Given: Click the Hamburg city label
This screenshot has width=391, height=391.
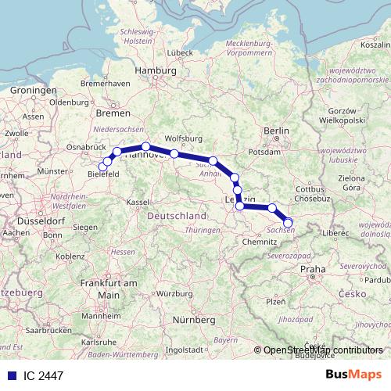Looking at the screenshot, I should (x=154, y=70).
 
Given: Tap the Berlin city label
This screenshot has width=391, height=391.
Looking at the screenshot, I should (x=277, y=131).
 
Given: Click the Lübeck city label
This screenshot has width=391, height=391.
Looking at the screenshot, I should (x=179, y=52).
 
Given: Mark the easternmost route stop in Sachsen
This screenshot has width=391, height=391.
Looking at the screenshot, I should (x=288, y=223).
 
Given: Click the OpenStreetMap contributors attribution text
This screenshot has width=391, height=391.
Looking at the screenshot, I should (x=325, y=350).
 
